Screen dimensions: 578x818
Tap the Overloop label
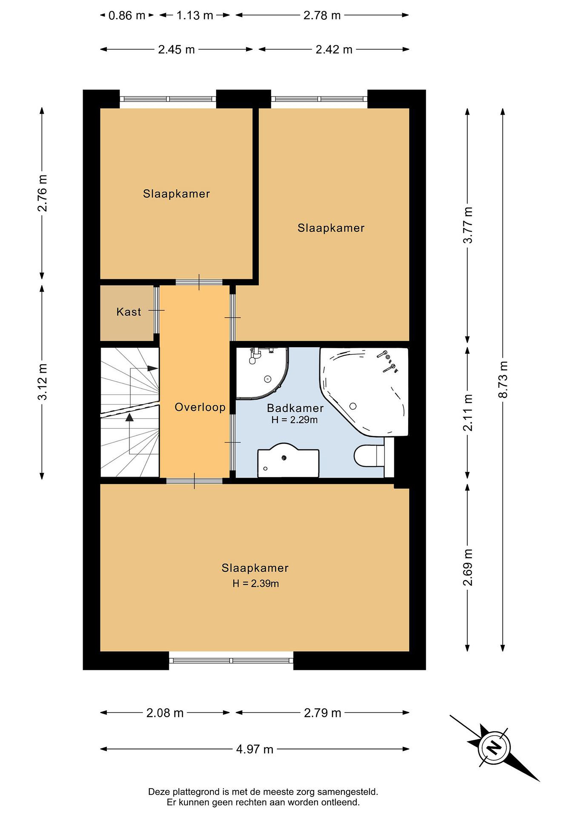pos(200,407)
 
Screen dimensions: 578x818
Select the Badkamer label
pos(295,408)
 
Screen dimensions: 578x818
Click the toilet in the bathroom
pos(369,456)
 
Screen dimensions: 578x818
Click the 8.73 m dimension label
pos(504,379)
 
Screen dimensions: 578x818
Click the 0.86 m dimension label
pos(127,15)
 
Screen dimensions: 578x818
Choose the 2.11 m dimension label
pos(468,413)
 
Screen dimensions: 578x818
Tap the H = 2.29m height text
pos(294,420)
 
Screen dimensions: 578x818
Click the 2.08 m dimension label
pos(165,713)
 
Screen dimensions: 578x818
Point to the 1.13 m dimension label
pos(195,15)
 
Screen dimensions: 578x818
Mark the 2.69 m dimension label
pos(468,567)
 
